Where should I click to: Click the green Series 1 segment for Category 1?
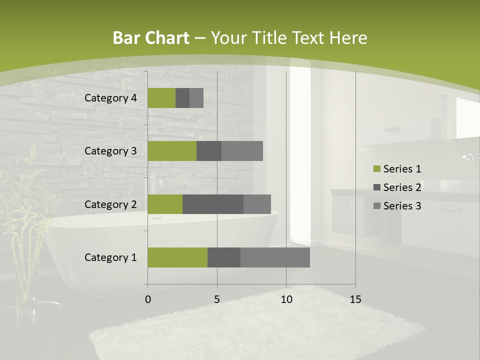click(x=177, y=257)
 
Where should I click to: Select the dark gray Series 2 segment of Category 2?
click(x=212, y=204)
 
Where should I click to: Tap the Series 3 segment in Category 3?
click(x=242, y=151)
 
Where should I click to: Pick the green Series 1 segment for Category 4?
click(x=161, y=98)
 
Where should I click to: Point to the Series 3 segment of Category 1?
click(x=275, y=257)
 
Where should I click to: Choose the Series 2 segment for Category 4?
click(x=182, y=98)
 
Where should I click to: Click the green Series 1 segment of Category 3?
click(x=172, y=151)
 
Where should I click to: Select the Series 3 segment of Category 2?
click(x=257, y=204)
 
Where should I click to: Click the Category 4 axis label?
click(x=110, y=98)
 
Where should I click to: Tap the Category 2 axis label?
click(x=110, y=204)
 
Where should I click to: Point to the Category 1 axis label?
click(x=110, y=257)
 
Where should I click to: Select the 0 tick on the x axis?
click(x=148, y=299)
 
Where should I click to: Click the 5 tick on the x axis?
click(x=217, y=299)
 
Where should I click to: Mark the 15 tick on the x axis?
click(x=355, y=299)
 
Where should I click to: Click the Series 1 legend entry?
click(x=397, y=169)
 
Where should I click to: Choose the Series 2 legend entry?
click(x=397, y=187)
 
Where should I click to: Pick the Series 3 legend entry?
click(x=397, y=206)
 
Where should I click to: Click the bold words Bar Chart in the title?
click(x=151, y=38)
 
